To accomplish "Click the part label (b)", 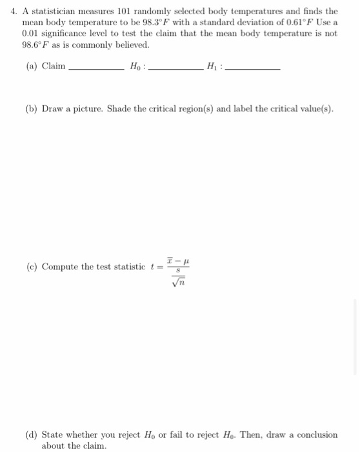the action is [32, 108].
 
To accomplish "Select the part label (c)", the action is [32, 267].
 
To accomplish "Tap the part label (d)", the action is [32, 435].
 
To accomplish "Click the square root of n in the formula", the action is [174, 280].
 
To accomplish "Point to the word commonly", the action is [90, 45].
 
